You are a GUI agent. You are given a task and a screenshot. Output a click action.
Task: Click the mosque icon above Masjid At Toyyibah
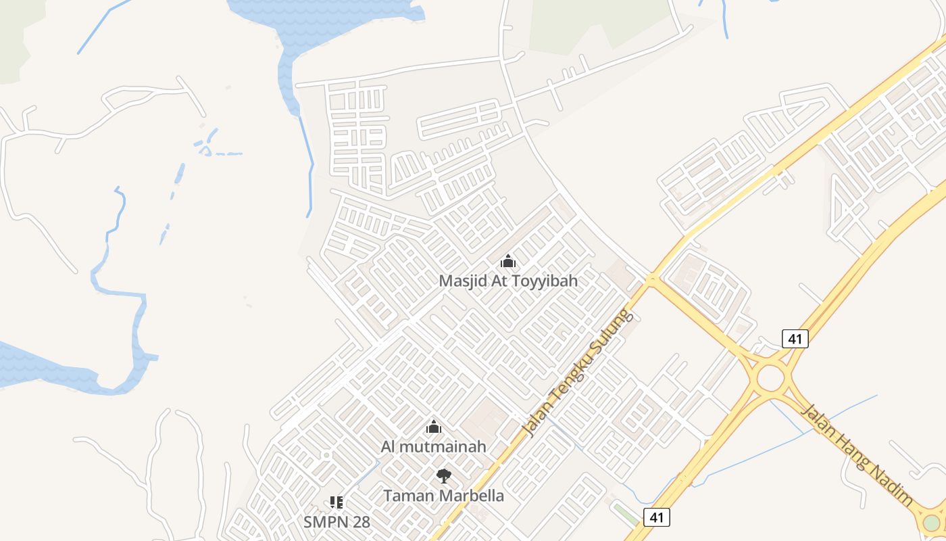508,261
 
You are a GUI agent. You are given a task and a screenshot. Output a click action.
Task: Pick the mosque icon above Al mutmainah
433,427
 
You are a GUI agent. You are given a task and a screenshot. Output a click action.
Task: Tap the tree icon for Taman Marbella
443,476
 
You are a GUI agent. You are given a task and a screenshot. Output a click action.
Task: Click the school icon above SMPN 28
336,502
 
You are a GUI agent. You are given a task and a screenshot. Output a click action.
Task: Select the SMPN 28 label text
337,522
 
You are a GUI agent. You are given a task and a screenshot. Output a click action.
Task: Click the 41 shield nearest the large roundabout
795,339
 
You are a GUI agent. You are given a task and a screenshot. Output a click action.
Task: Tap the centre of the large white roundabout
770,378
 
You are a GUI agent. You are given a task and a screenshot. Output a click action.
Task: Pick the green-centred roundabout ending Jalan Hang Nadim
932,522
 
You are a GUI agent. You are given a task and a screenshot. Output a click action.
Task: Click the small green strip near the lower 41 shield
625,513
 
